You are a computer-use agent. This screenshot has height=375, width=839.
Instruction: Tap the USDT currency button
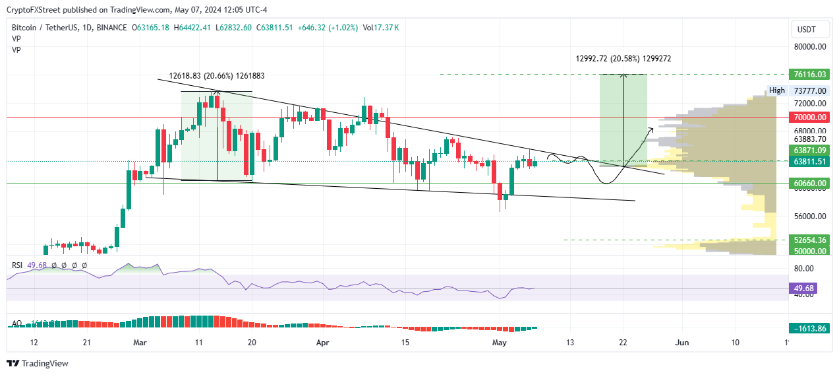tap(806, 29)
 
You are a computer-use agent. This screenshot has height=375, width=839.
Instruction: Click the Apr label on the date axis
tap(322, 343)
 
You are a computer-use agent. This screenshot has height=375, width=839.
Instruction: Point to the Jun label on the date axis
tap(683, 343)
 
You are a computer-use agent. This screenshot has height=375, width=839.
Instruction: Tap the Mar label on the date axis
tap(140, 343)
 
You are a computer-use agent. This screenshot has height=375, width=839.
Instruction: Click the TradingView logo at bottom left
tap(38, 363)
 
